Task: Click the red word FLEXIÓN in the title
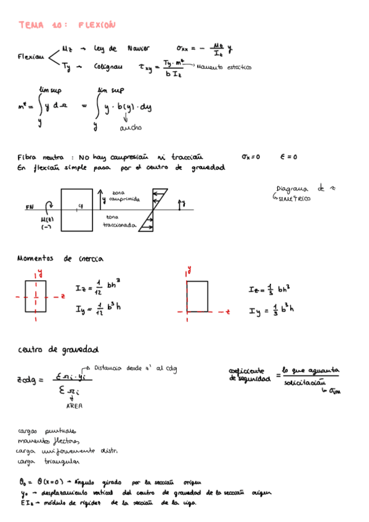(97, 25)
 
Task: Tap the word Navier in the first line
(139, 48)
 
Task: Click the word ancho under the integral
(131, 128)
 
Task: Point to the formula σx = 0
(251, 157)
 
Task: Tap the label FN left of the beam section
(30, 207)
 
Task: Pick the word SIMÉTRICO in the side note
(294, 199)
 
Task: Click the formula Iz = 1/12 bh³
(97, 287)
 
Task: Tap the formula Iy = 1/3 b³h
(271, 311)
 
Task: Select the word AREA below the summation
(74, 406)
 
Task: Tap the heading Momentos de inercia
(60, 259)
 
